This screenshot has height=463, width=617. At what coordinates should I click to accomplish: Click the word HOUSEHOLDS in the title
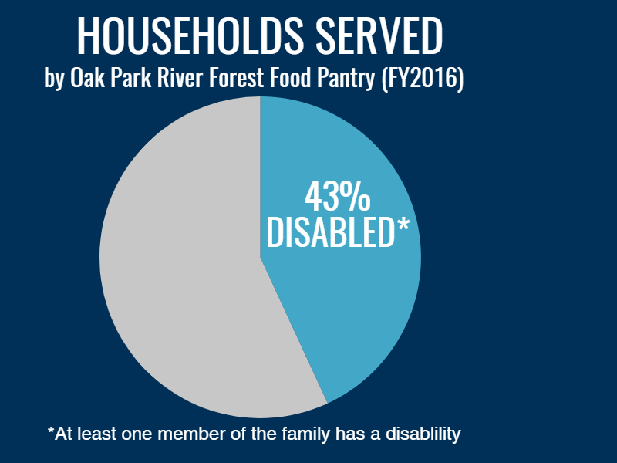click(190, 35)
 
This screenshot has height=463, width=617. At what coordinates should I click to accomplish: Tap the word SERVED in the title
click(379, 35)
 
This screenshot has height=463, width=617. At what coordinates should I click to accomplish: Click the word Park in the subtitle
click(131, 77)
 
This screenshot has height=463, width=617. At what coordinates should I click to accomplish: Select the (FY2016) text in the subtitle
click(422, 79)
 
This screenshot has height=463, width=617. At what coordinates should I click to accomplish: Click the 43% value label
click(338, 196)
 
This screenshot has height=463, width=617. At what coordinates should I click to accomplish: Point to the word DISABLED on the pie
click(330, 233)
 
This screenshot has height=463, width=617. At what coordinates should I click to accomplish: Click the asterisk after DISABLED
click(403, 225)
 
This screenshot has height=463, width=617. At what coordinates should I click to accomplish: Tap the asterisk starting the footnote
click(51, 430)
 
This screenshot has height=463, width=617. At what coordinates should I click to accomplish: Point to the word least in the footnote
click(97, 434)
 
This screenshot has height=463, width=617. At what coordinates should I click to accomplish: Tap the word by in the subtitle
click(54, 79)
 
